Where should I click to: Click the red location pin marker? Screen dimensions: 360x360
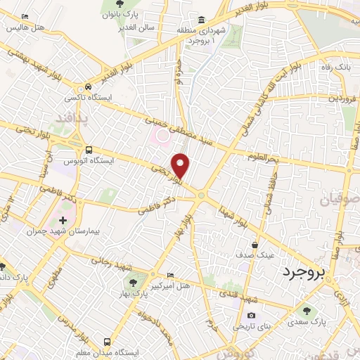click(181, 165)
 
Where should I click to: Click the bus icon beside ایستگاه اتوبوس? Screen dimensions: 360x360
click(89, 150)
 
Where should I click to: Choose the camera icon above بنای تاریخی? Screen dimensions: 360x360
click(251, 315)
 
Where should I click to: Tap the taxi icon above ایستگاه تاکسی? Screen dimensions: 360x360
click(86, 84)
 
